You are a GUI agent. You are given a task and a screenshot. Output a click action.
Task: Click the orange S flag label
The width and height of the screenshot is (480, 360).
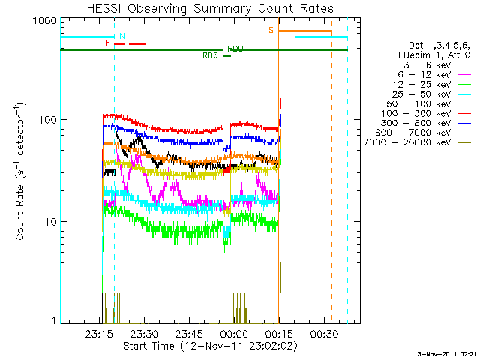click(271, 30)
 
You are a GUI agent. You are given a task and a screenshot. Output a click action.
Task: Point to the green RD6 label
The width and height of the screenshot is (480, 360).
click(210, 55)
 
